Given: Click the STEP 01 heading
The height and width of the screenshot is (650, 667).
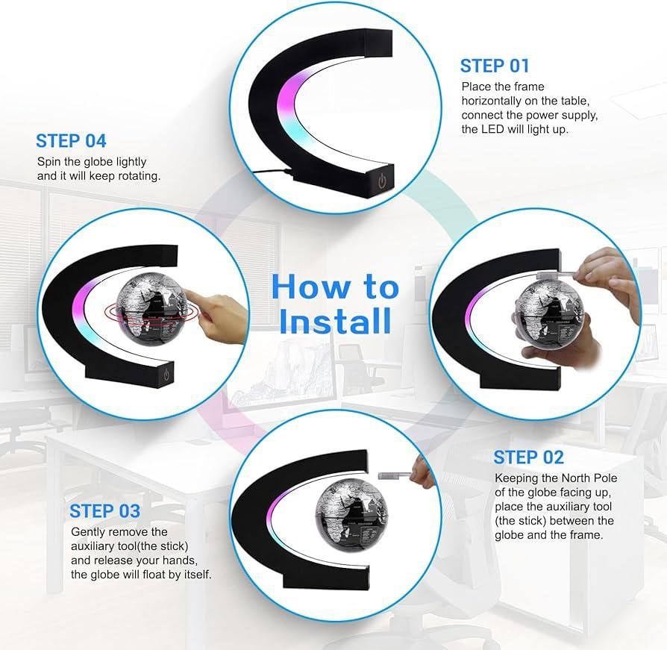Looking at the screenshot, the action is (495, 66).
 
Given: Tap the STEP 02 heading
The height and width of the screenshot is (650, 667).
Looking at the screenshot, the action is (529, 457).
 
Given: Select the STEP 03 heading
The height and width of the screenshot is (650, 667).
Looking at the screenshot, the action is (104, 511).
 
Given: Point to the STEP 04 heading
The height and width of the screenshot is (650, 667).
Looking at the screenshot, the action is (71, 141).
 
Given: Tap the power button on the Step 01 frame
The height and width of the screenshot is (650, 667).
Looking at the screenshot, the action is (383, 181).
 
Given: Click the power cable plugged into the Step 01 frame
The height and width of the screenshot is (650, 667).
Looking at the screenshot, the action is (272, 172).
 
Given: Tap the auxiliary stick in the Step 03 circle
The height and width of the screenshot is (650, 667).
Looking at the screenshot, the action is (394, 475).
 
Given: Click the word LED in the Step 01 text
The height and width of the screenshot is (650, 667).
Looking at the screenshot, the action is (492, 129).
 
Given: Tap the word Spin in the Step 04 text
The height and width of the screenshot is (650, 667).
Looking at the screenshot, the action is (49, 162).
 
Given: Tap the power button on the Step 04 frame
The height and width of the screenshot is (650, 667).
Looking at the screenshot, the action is (167, 375).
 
